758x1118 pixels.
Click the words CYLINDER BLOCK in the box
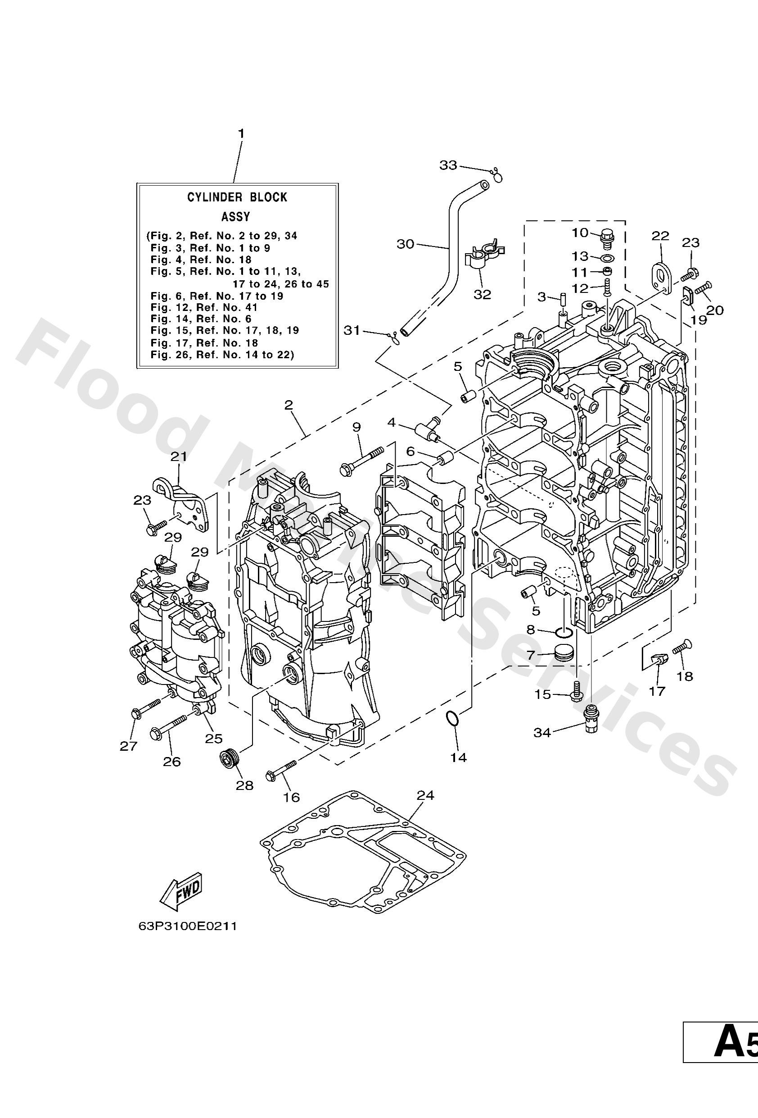pyautogui.click(x=237, y=197)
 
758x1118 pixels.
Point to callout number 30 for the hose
pyautogui.click(x=405, y=244)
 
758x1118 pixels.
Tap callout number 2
pyautogui.click(x=289, y=405)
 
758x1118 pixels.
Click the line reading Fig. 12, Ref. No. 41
pyautogui.click(x=204, y=307)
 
